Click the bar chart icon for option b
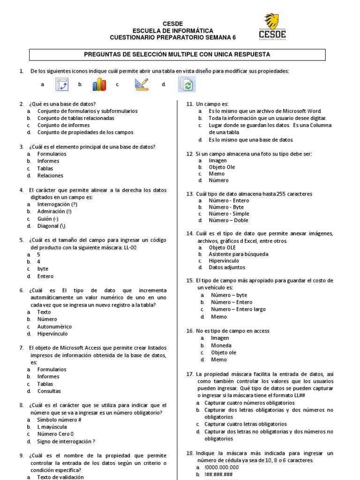[x=99, y=84]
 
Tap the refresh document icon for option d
[x=187, y=84]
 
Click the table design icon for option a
[x=62, y=84]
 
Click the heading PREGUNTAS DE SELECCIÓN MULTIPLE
[x=177, y=55]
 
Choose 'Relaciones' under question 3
[x=51, y=175]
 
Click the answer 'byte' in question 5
[x=43, y=269]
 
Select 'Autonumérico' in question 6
[x=54, y=326]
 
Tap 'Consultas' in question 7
[x=49, y=391]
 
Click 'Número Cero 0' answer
[x=55, y=434]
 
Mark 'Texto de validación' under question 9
[x=60, y=477]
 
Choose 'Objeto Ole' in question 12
[x=222, y=167]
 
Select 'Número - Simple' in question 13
[x=229, y=213]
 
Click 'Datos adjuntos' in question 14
[x=227, y=267]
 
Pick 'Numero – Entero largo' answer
[x=238, y=309]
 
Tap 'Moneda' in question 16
[x=221, y=345]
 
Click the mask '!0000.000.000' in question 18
[x=222, y=467]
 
